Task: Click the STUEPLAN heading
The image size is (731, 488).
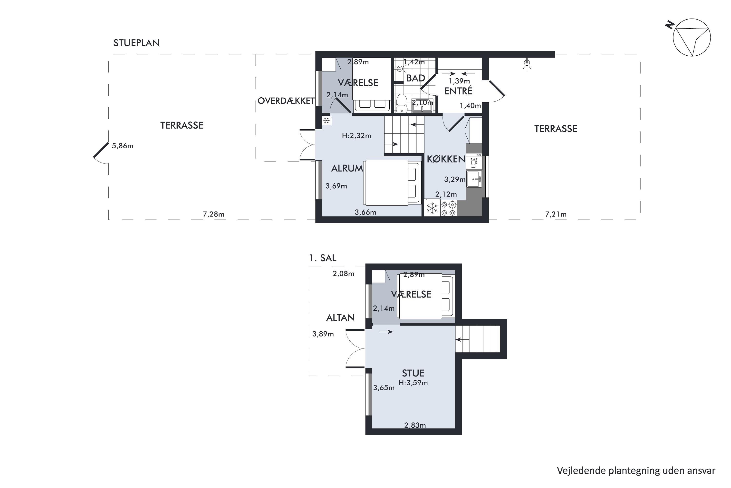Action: [136, 43]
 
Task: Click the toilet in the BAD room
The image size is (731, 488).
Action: [402, 103]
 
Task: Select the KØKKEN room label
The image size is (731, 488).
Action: [446, 159]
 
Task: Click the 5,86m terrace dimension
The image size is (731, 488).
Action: [123, 146]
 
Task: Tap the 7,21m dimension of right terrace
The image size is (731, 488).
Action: [556, 214]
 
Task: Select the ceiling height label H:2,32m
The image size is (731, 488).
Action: [356, 136]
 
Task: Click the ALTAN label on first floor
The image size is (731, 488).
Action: [340, 317]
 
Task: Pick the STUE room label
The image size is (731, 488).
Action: [413, 373]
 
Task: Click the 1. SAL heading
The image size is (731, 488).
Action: [323, 258]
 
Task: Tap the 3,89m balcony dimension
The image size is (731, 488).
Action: [323, 334]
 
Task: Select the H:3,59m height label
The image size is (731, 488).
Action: [413, 383]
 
